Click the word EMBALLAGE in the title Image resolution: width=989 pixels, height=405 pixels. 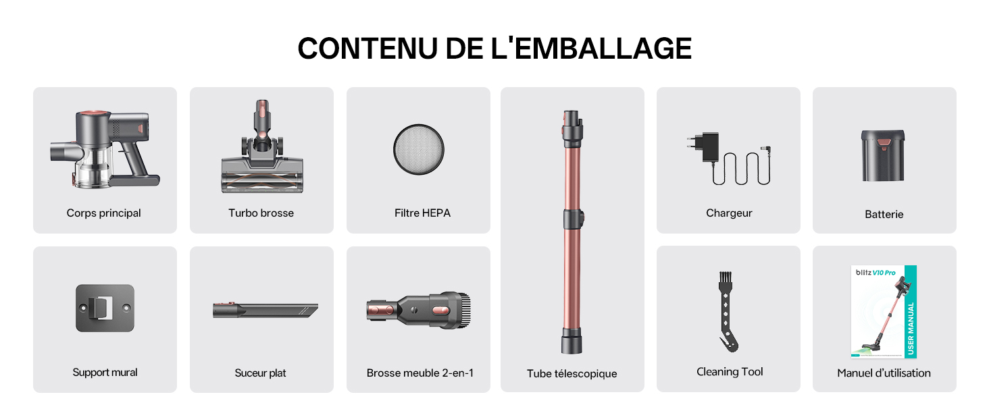click(x=603, y=48)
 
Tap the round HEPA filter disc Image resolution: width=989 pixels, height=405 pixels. click(x=419, y=150)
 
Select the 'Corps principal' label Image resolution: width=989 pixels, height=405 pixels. click(x=104, y=213)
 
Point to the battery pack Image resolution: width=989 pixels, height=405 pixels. click(x=882, y=155)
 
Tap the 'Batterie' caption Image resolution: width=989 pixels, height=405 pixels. click(x=884, y=215)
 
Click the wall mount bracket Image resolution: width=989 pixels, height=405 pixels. click(x=105, y=308)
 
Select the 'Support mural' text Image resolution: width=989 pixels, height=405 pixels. click(x=105, y=373)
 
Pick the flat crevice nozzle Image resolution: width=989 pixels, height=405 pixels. click(x=265, y=310)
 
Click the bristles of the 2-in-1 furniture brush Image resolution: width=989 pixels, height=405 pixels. click(x=463, y=310)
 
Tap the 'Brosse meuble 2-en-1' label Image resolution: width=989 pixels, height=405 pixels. click(x=420, y=373)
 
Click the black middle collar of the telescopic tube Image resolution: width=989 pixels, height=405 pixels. click(x=574, y=219)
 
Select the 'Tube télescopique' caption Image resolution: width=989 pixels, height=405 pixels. click(x=572, y=374)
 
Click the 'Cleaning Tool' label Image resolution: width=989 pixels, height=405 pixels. click(x=730, y=372)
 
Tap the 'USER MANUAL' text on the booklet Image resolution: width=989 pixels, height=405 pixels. click(x=911, y=328)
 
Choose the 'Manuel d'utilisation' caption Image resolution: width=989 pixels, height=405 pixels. click(x=884, y=373)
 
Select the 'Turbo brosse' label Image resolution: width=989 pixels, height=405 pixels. click(x=261, y=213)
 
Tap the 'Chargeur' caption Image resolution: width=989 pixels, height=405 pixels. click(x=729, y=213)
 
